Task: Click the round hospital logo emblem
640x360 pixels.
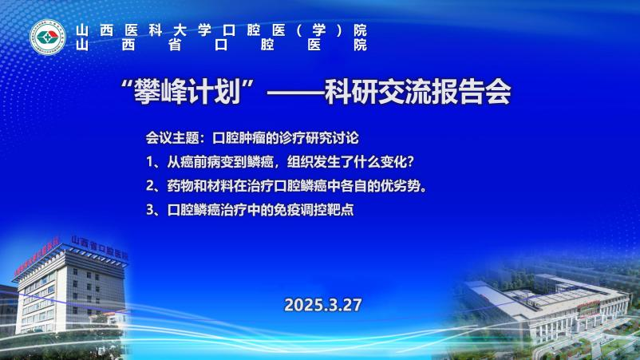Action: pyautogui.click(x=48, y=38)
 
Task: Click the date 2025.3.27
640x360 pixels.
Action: pyautogui.click(x=323, y=305)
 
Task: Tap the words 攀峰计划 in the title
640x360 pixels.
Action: pyautogui.click(x=188, y=93)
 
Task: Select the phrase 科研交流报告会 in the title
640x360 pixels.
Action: pyautogui.click(x=417, y=93)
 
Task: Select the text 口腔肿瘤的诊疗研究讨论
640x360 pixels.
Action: pyautogui.click(x=286, y=138)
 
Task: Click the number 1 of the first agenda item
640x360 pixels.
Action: pyautogui.click(x=150, y=163)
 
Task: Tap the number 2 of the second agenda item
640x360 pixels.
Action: pyautogui.click(x=150, y=186)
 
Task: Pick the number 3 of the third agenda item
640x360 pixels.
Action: pyautogui.click(x=150, y=210)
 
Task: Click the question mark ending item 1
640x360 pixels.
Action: pyautogui.click(x=411, y=162)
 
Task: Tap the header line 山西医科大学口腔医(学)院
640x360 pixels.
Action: pyautogui.click(x=221, y=30)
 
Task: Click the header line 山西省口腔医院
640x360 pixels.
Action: pyautogui.click(x=221, y=45)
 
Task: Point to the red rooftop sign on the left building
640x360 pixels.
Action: pyautogui.click(x=37, y=257)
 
